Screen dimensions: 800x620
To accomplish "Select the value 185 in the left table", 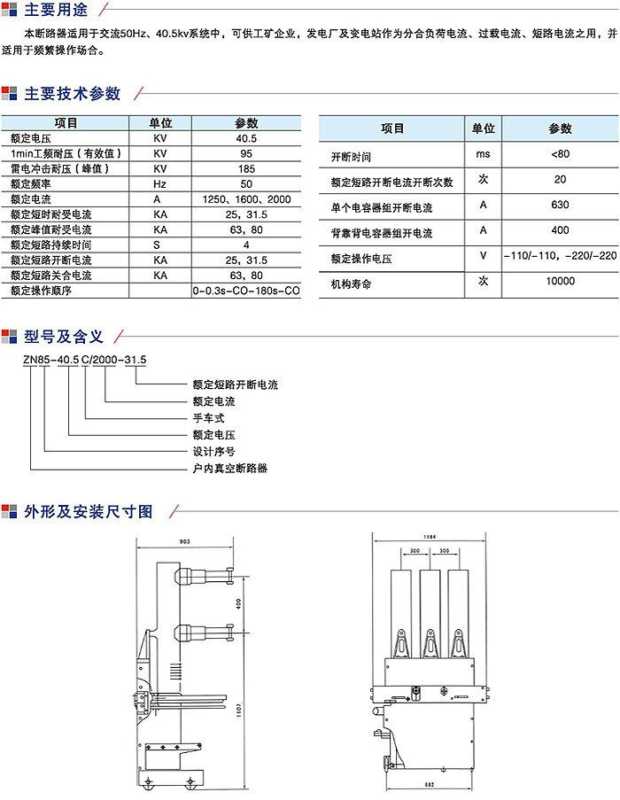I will (x=246, y=168).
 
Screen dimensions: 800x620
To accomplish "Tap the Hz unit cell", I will (x=159, y=183).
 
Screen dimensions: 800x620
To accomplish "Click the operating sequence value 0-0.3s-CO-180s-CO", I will (x=246, y=291).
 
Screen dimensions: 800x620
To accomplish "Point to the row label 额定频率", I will (x=29, y=183).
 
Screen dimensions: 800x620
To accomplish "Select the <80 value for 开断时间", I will (x=560, y=156).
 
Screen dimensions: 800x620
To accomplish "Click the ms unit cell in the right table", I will (x=483, y=156).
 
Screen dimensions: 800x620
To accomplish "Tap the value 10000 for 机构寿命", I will (x=560, y=282).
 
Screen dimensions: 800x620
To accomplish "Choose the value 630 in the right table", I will (x=560, y=206).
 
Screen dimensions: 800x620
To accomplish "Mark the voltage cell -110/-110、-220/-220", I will (x=560, y=256).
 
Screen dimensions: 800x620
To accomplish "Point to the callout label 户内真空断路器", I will (x=229, y=468).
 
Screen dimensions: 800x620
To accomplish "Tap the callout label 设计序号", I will (x=213, y=451).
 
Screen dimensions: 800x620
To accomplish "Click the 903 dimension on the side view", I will (x=185, y=540).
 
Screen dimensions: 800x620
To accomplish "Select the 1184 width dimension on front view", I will (x=430, y=536).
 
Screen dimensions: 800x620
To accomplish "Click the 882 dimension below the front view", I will (x=429, y=785).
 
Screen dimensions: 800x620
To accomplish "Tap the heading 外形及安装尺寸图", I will (x=89, y=511).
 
